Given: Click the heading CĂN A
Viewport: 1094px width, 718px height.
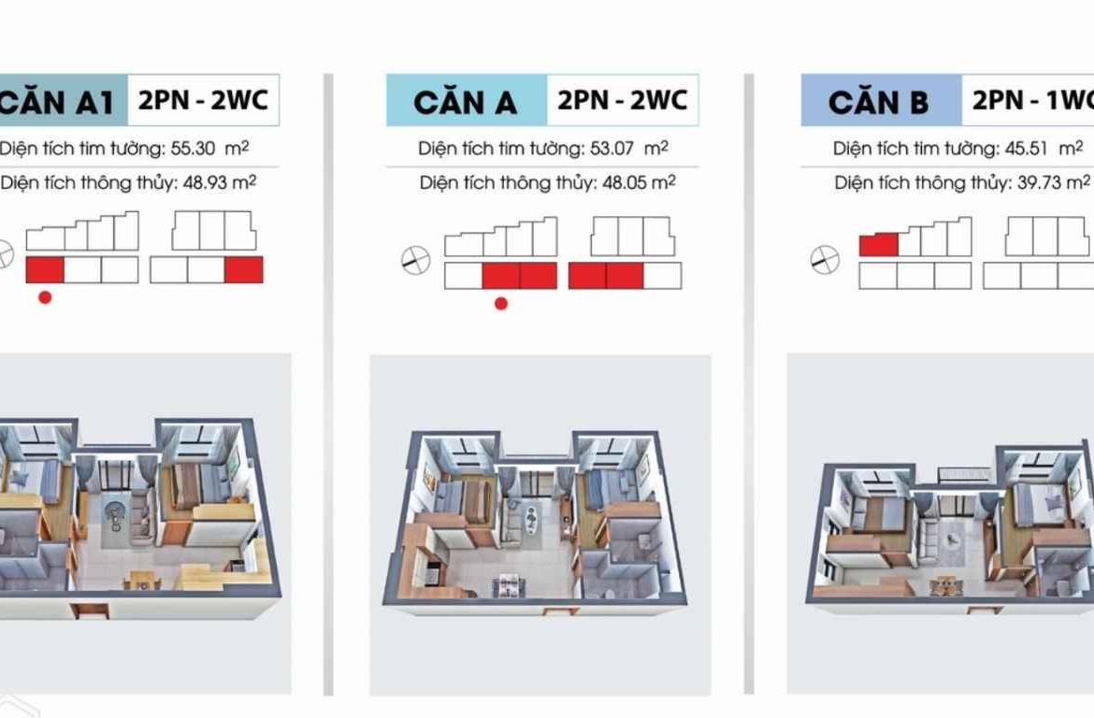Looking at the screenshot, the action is pyautogui.click(x=465, y=103).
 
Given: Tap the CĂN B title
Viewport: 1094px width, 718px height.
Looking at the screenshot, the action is pyautogui.click(x=878, y=103).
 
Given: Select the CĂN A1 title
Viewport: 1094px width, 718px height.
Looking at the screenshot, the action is pyautogui.click(x=56, y=103).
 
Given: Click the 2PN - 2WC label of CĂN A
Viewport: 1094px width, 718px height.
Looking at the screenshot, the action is pyautogui.click(x=622, y=100).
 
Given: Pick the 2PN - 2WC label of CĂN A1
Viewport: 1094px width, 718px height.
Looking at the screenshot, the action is pyautogui.click(x=203, y=100).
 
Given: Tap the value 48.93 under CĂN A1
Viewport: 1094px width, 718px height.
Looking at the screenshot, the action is pyautogui.click(x=205, y=183).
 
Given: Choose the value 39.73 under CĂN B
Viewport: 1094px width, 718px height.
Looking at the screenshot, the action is pyautogui.click(x=1039, y=183).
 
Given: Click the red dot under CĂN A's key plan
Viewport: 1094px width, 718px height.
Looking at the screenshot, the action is pyautogui.click(x=501, y=304).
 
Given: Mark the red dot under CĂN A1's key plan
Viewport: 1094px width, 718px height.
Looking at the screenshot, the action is pyautogui.click(x=46, y=297).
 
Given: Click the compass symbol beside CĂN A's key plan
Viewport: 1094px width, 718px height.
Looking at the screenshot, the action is pyautogui.click(x=416, y=260).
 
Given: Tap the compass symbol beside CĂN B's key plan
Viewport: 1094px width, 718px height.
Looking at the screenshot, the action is pyautogui.click(x=825, y=260).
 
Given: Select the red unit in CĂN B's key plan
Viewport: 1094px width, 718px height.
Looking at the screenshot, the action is pyautogui.click(x=878, y=245).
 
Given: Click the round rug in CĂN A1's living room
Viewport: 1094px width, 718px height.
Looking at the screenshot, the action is pyautogui.click(x=114, y=515).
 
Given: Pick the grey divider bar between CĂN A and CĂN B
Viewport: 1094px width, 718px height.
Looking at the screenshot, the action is pyautogui.click(x=749, y=383).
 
